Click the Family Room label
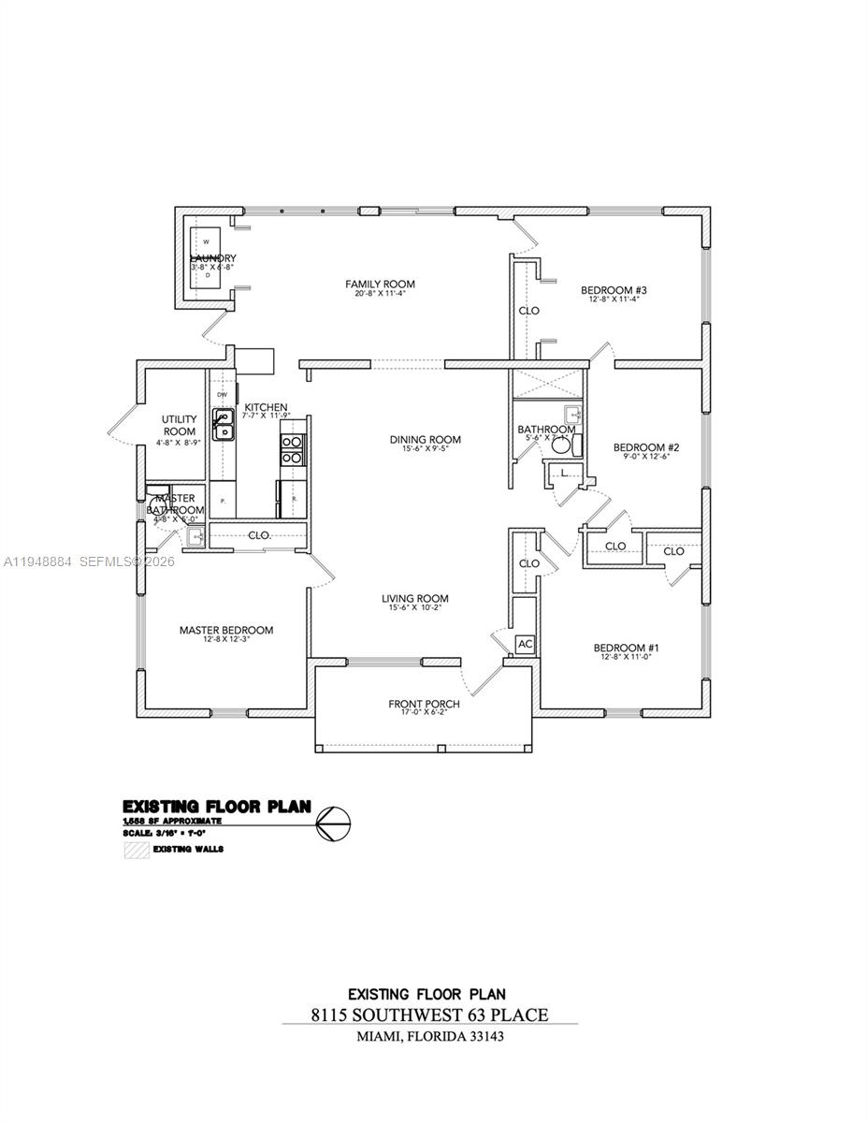(x=380, y=284)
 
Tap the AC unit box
(x=525, y=645)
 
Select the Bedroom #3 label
(x=614, y=290)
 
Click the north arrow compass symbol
(x=334, y=824)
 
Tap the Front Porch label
(x=424, y=704)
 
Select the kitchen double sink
(x=223, y=426)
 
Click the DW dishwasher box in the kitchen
(x=223, y=395)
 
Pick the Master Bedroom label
(x=226, y=631)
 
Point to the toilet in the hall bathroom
(x=561, y=445)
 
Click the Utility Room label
(x=179, y=425)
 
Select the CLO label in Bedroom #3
(x=529, y=311)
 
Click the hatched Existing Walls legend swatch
(x=137, y=851)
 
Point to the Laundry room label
(x=213, y=258)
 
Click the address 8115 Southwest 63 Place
(x=429, y=1014)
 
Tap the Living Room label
(x=414, y=599)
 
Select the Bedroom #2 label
(x=645, y=447)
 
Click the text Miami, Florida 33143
(x=430, y=1037)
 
